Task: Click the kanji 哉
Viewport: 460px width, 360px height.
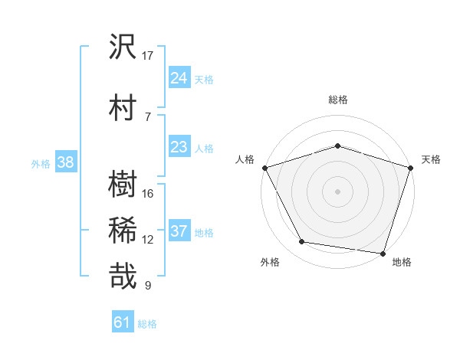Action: tap(123, 276)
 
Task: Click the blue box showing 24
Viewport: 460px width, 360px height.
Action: tap(179, 77)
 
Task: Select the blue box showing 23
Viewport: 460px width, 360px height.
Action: tap(179, 146)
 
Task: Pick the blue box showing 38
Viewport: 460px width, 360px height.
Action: tap(65, 162)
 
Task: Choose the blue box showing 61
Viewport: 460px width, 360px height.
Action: tap(123, 322)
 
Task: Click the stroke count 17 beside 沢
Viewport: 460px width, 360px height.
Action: tap(148, 56)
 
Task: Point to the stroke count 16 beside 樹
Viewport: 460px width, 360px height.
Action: tap(148, 193)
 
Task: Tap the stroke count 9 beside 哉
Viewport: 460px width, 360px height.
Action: tap(148, 286)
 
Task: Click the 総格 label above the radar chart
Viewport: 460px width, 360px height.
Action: tap(337, 100)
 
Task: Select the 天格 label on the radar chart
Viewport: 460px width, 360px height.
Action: tap(431, 159)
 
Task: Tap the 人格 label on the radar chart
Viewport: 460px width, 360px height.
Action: tap(245, 159)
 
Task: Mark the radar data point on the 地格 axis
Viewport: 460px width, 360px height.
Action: tap(383, 253)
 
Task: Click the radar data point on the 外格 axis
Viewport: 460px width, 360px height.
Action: tap(302, 242)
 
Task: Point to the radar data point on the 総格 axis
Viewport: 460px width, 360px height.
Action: tap(337, 145)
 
